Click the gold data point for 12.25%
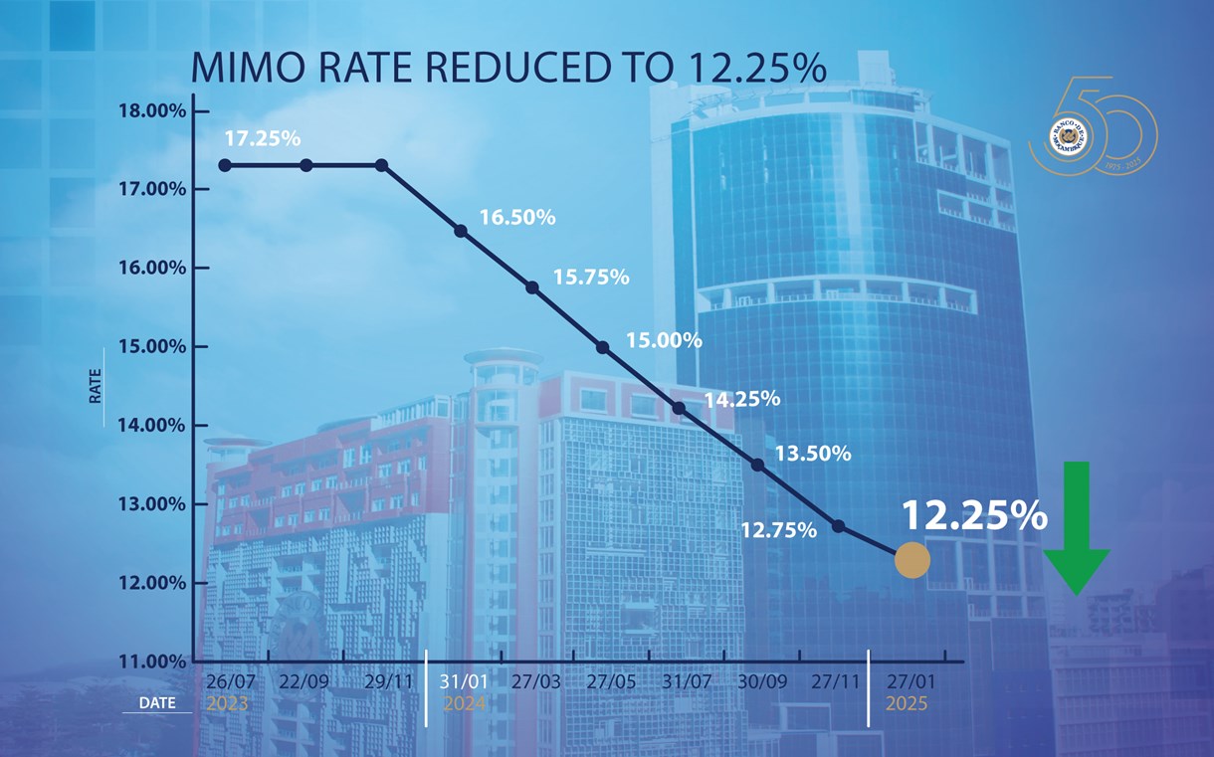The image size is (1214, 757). [911, 560]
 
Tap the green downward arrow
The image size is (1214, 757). [1076, 527]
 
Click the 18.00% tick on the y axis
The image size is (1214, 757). [152, 110]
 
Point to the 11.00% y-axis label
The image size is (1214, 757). [152, 662]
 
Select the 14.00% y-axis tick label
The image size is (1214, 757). [152, 426]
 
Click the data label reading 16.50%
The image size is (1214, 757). [517, 217]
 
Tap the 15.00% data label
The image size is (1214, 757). [664, 340]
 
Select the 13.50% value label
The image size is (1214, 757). [813, 454]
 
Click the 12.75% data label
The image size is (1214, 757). [778, 530]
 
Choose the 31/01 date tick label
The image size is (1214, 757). [463, 683]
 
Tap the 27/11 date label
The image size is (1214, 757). [837, 683]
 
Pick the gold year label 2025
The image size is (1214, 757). [907, 704]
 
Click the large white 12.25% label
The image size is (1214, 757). [974, 515]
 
